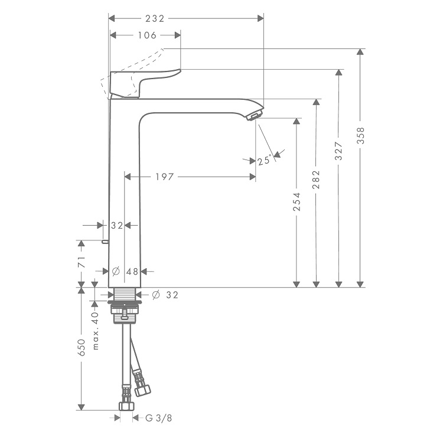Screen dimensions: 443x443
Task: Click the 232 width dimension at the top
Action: tap(155, 19)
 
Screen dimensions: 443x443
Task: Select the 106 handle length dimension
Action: tap(147, 35)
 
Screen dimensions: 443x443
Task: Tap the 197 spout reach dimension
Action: tap(165, 177)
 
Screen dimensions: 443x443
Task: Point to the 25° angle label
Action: tap(265, 161)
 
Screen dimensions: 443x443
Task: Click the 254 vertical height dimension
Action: tap(297, 202)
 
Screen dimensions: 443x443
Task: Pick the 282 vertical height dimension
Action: tap(317, 180)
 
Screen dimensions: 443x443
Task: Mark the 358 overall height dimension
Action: tap(360, 136)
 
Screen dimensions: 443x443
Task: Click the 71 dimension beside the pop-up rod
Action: tap(82, 262)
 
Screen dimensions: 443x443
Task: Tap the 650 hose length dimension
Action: tap(82, 347)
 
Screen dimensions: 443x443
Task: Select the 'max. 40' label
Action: tap(96, 331)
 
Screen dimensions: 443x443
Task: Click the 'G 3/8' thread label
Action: tap(158, 418)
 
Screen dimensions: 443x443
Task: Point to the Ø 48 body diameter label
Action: tap(125, 272)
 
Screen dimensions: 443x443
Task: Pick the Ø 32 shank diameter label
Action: tap(165, 295)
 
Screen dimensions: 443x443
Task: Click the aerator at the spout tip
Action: tap(255, 116)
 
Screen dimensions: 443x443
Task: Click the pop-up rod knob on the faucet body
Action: tap(105, 242)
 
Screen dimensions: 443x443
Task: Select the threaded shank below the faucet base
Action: tap(125, 294)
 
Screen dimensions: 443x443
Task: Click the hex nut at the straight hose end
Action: tap(126, 406)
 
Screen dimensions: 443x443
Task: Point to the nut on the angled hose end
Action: tap(142, 390)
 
